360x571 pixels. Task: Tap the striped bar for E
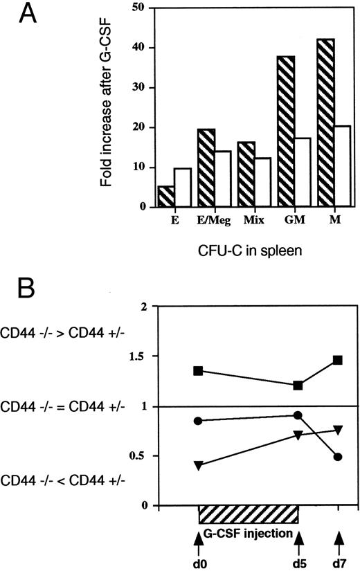pyautogui.click(x=166, y=197)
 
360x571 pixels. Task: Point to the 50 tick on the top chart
pyautogui.click(x=141, y=8)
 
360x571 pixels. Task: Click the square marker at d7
pyautogui.click(x=338, y=360)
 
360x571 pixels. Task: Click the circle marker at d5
pyautogui.click(x=298, y=415)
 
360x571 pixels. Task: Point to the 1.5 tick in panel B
pyautogui.click(x=143, y=356)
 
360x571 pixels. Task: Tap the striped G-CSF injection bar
pyautogui.click(x=249, y=514)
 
